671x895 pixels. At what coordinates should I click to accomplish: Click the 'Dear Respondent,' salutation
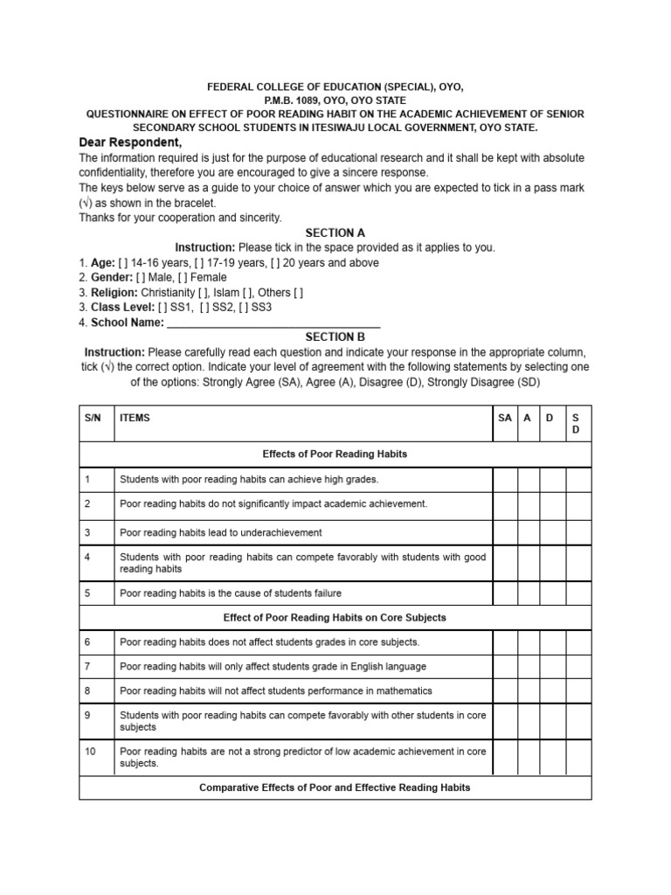(131, 142)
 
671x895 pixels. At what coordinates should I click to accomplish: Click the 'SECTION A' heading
(335, 232)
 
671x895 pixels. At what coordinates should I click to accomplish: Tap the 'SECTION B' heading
(335, 336)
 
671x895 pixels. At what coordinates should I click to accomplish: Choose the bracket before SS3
(250, 307)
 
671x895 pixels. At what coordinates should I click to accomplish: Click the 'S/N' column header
(93, 418)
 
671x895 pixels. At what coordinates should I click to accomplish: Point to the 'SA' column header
(504, 418)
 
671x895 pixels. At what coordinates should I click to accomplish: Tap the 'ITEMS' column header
(135, 418)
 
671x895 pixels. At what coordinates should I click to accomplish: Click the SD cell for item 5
(578, 593)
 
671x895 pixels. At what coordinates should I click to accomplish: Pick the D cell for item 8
(552, 690)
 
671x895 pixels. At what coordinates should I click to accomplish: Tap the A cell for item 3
(528, 532)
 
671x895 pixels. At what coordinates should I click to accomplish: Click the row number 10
(91, 751)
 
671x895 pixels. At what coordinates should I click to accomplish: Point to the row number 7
(88, 666)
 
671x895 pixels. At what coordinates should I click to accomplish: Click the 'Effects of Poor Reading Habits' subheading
(335, 454)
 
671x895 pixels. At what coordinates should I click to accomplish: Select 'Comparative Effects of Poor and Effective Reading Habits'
(335, 787)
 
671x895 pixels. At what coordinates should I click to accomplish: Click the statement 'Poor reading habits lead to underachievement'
(221, 532)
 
